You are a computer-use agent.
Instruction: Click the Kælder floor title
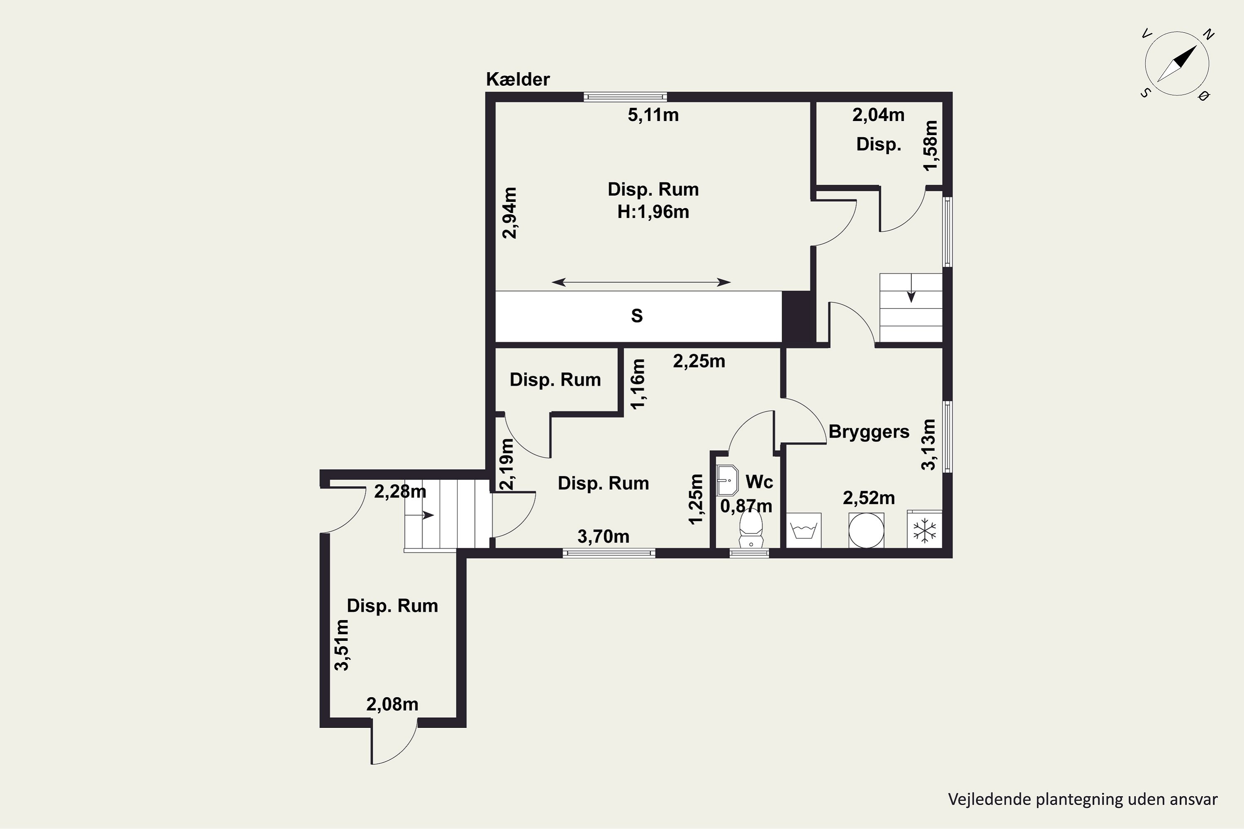[518, 79]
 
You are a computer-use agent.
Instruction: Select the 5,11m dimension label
[653, 115]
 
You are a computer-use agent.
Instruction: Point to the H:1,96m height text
[653, 212]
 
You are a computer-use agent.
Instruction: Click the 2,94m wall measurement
[510, 213]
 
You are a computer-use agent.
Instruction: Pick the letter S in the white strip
[637, 315]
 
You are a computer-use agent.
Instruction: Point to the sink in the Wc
[727, 480]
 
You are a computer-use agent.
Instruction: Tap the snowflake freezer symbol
[925, 530]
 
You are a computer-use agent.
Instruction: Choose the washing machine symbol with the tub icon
[804, 530]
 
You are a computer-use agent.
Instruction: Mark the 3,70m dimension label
[603, 537]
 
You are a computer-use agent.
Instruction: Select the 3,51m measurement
[342, 645]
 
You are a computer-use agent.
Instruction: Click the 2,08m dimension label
[392, 705]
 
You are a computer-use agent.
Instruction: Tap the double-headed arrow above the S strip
[641, 283]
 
